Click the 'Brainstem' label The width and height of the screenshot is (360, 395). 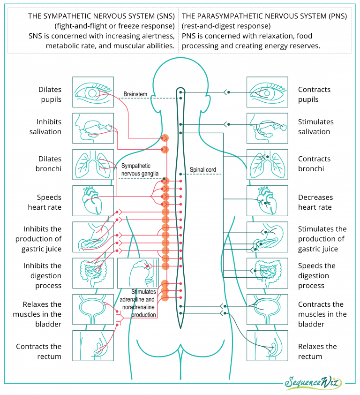pos(135,94)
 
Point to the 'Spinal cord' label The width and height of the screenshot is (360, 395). pos(202,169)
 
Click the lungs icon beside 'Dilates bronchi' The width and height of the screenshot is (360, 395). pos(93,165)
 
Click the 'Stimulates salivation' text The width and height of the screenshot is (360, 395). pos(316,127)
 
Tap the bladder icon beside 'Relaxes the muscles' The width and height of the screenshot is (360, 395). pos(93,310)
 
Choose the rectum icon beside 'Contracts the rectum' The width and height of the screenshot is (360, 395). pos(93,346)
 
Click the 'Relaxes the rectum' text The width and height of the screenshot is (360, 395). pos(317,351)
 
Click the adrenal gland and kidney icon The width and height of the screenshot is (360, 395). pos(138,273)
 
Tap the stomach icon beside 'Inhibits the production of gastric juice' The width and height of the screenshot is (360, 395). pos(93,237)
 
